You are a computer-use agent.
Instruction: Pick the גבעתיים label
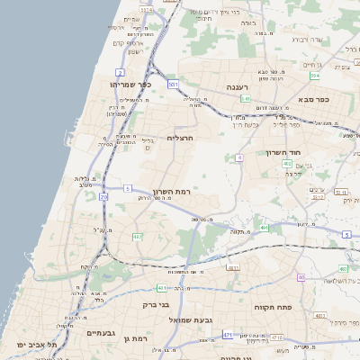(103, 333)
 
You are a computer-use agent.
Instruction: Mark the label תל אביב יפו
(36, 344)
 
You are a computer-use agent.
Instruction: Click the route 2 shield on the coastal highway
(120, 72)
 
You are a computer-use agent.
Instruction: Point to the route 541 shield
(245, 99)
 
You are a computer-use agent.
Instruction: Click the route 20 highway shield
(104, 196)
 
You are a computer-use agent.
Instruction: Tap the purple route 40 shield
(301, 277)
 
